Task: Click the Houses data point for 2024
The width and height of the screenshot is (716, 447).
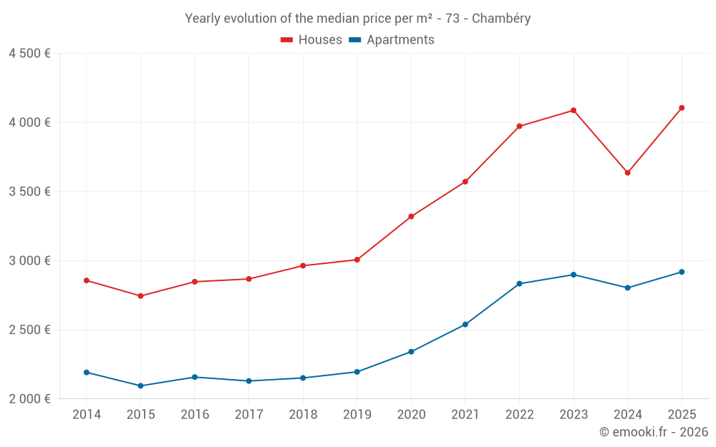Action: pos(627,172)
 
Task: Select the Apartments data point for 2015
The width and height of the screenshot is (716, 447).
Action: pos(140,385)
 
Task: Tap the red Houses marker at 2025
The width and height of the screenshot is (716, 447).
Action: pos(682,108)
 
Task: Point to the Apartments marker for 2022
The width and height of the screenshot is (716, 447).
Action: pos(519,284)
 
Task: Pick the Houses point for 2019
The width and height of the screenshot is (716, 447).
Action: pos(357,260)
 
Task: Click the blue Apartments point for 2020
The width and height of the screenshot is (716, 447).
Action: pos(411,352)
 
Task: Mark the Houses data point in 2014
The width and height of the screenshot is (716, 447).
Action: pos(87,280)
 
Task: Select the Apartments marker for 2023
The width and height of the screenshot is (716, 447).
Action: pos(574,275)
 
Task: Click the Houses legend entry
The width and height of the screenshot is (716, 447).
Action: pos(311,40)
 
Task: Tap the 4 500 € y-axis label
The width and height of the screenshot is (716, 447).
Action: pos(29,54)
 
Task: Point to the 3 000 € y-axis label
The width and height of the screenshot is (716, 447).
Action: pos(29,261)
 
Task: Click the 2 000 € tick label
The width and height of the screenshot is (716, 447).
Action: pos(29,399)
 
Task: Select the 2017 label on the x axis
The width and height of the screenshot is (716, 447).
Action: pos(248,415)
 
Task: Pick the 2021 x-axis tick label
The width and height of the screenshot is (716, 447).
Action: pos(465,415)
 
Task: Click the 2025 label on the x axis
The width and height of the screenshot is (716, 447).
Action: pos(682,415)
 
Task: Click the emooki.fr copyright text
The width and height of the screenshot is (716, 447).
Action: pos(653,432)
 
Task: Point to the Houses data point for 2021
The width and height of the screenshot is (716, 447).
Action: pos(465,182)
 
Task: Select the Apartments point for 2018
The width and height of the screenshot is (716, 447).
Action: pos(303,378)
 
